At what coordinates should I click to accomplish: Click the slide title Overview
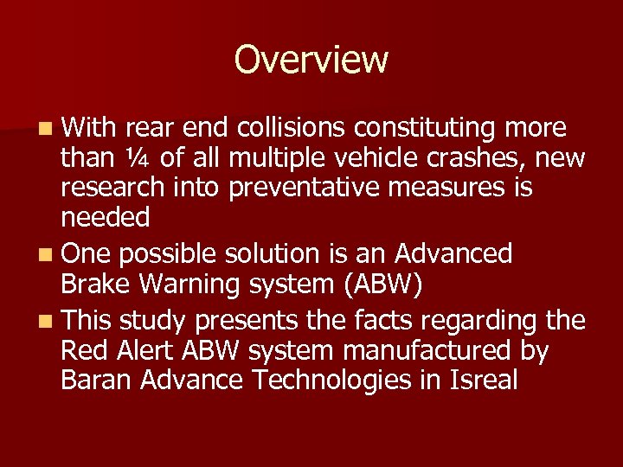(311, 60)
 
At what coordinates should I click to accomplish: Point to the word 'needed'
(106, 218)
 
